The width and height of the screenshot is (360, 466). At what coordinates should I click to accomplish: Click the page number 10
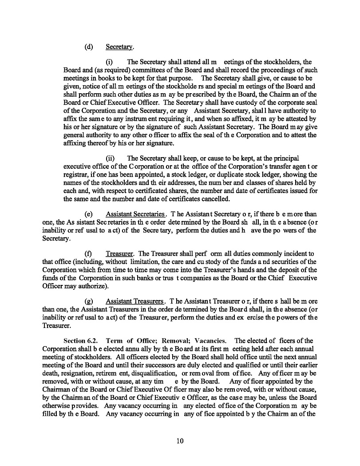(x=179, y=441)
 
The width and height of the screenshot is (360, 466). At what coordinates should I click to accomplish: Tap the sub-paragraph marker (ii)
(x=110, y=158)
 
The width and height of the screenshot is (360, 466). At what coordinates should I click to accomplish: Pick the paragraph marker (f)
(x=88, y=253)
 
